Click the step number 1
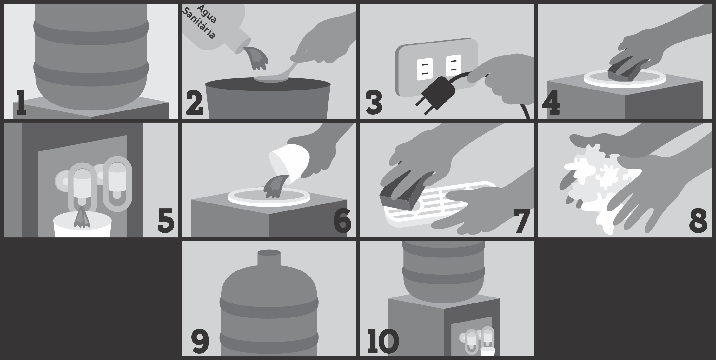click(21, 103)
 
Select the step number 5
click(166, 220)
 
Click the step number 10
click(383, 342)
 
